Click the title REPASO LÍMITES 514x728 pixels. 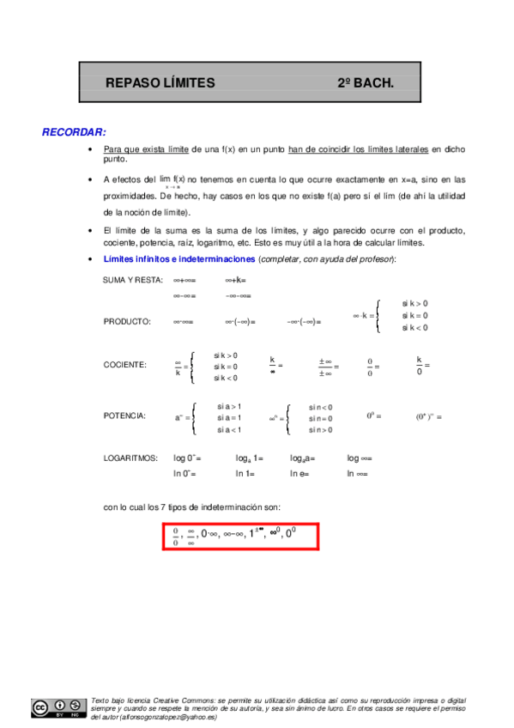160,83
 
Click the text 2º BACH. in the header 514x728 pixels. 365,83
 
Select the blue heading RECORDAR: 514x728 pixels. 74,132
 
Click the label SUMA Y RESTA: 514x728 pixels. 132,280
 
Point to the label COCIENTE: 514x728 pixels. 125,365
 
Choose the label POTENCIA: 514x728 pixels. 124,416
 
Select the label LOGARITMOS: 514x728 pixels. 130,458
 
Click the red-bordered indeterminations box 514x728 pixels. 240,536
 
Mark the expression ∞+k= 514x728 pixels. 236,280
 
